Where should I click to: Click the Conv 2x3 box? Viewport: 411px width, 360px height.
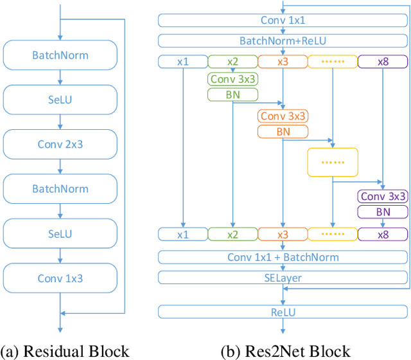60,144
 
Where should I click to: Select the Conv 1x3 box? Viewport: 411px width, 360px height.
60,278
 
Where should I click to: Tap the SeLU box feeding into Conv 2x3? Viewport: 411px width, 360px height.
60,100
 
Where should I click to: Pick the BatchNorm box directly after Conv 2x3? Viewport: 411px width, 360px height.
60,189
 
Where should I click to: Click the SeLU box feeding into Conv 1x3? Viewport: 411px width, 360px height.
60,233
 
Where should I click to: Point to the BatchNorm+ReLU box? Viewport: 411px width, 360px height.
283,41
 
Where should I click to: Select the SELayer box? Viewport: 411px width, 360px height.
283,278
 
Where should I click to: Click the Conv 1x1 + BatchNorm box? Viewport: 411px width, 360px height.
283,257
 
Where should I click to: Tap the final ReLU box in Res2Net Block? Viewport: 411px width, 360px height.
283,312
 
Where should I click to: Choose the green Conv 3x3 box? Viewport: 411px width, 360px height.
232,79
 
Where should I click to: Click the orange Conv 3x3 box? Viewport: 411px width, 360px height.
283,116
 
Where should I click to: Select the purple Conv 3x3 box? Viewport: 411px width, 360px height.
383,197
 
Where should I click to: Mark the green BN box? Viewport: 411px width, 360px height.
232,94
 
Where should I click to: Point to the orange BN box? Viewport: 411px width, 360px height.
283,131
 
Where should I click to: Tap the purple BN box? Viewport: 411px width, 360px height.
383,212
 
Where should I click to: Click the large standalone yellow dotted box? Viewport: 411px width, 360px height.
333,162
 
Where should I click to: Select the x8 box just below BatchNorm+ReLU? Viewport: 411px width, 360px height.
383,62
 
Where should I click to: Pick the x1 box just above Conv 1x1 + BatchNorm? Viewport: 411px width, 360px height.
182,235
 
